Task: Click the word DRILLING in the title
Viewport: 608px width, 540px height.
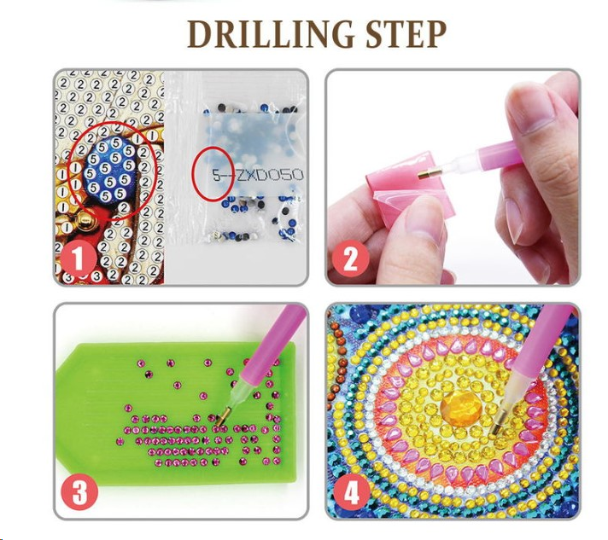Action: (271, 34)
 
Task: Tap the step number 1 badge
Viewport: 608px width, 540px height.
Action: (78, 258)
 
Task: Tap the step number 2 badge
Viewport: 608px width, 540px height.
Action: (350, 258)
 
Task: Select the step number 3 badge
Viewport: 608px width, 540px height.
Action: (79, 492)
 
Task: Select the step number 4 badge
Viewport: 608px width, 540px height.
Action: (351, 492)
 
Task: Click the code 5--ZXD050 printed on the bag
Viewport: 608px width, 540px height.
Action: (258, 175)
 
